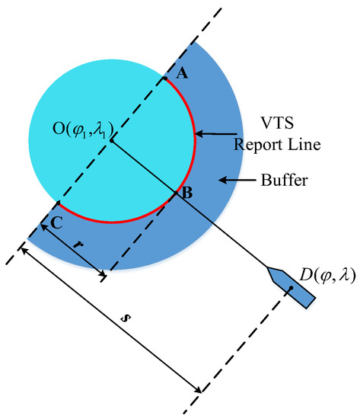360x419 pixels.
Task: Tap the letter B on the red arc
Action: [x=186, y=194]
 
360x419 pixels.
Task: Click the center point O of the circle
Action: [x=111, y=141]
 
